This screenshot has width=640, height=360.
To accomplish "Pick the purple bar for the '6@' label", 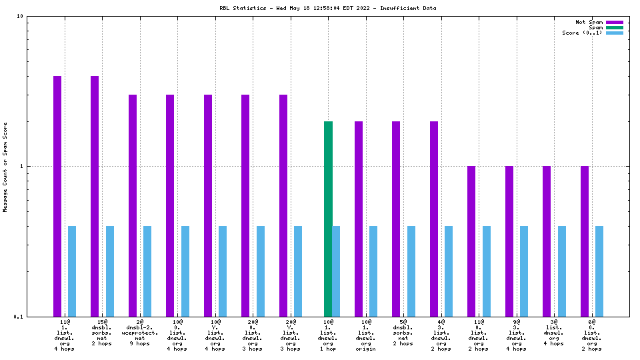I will click(585, 241).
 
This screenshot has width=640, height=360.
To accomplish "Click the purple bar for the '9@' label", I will click(509, 241).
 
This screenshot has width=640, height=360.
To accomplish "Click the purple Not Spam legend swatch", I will click(614, 22).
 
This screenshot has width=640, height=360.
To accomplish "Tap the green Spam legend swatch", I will click(614, 27).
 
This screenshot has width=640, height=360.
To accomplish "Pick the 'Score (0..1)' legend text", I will click(582, 33).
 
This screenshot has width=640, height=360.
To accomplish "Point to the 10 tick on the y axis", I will click(21, 16).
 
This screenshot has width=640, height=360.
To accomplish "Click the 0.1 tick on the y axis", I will click(19, 317).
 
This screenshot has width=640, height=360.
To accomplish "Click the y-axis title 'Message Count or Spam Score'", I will click(5, 167).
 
